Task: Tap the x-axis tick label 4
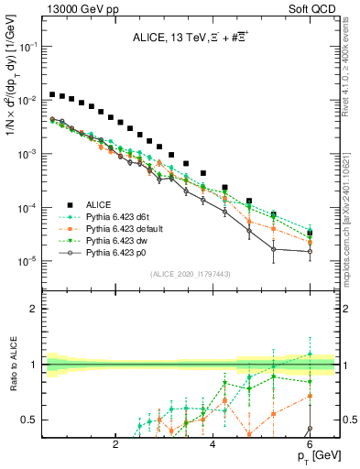pyautogui.click(x=213, y=445)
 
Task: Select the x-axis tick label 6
pyautogui.click(x=310, y=445)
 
